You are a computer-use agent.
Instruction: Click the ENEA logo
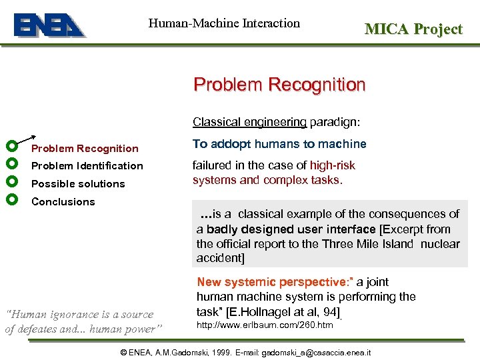tap(49, 25)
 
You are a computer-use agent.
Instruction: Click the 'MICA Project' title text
tap(413, 29)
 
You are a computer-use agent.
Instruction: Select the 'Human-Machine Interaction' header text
tap(224, 23)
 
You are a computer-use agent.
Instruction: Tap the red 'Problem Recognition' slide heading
tap(279, 85)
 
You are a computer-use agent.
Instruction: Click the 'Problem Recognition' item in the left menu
tap(85, 149)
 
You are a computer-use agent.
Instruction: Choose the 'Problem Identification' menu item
tap(87, 166)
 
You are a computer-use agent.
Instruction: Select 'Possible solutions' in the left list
tap(78, 184)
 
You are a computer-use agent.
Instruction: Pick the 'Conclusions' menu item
tap(63, 202)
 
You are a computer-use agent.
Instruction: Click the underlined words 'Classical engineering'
tap(249, 122)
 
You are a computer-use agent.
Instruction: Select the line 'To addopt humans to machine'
tap(279, 144)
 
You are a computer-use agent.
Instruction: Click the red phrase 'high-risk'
tap(332, 165)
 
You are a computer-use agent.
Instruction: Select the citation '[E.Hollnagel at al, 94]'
tap(283, 312)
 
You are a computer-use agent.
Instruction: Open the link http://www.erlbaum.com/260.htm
tap(265, 325)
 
